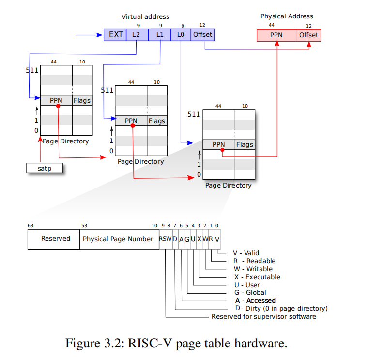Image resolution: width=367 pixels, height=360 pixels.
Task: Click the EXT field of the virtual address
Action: [x=115, y=35]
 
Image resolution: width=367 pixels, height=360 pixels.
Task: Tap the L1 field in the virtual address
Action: [x=160, y=35]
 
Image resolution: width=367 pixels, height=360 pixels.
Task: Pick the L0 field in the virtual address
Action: [x=181, y=35]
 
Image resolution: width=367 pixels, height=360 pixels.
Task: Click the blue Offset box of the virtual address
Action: [x=202, y=35]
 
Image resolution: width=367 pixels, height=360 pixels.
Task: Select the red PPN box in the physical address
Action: [x=276, y=35]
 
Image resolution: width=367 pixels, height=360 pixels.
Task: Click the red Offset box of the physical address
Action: [x=309, y=35]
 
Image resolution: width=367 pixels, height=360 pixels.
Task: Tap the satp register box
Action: [x=45, y=169]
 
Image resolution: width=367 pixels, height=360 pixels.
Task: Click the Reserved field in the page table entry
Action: [x=55, y=239]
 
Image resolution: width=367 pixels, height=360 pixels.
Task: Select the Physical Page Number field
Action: [x=118, y=239]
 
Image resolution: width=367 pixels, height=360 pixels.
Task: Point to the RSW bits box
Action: [x=165, y=239]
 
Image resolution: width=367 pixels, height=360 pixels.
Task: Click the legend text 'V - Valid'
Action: [x=245, y=253]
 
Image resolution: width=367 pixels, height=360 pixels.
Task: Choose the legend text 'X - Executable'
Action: [x=257, y=277]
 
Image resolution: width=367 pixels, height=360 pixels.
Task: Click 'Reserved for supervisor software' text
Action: [x=263, y=316]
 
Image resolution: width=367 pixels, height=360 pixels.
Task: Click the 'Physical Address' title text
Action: [x=287, y=16]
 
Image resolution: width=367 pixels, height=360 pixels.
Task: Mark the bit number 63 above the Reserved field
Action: [x=31, y=225]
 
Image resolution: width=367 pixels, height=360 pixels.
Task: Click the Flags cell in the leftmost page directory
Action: [x=82, y=101]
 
